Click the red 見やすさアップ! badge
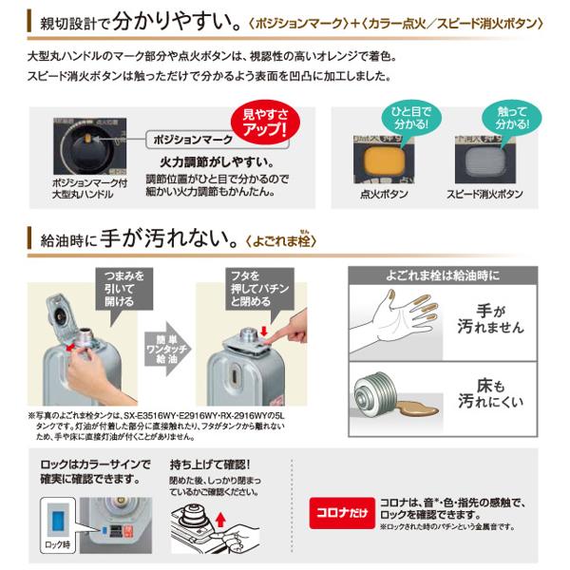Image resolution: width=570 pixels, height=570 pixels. click(258, 123)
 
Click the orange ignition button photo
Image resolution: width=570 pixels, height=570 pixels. click(394, 155)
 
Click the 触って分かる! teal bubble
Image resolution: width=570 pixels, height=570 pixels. click(503, 119)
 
